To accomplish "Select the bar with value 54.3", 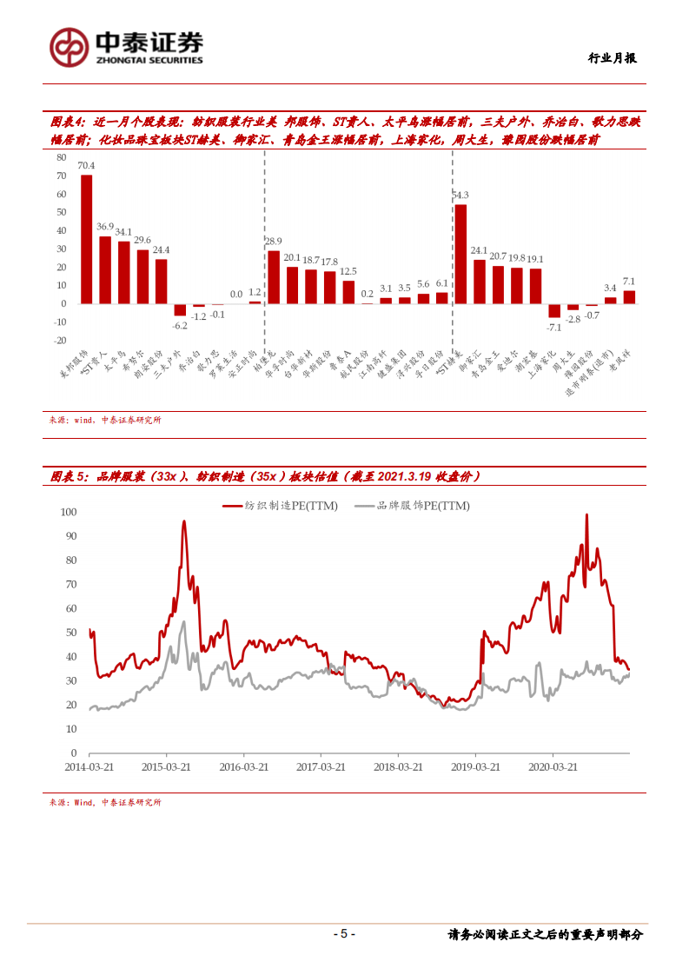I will coord(460,254).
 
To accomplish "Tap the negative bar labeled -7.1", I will coord(553,310).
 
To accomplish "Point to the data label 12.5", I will coord(348,272).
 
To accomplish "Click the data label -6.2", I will coord(180,325).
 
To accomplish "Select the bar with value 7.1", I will coord(629,297).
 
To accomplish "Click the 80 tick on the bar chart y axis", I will coord(61,157).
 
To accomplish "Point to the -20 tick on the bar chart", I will coord(59,340).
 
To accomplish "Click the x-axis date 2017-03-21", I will coord(321,767).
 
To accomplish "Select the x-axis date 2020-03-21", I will coord(553,767).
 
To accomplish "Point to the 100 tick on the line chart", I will coord(69,512).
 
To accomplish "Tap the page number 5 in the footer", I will coord(343,934).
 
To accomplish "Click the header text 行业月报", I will coord(612,58).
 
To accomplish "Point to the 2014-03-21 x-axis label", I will coord(89,767).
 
